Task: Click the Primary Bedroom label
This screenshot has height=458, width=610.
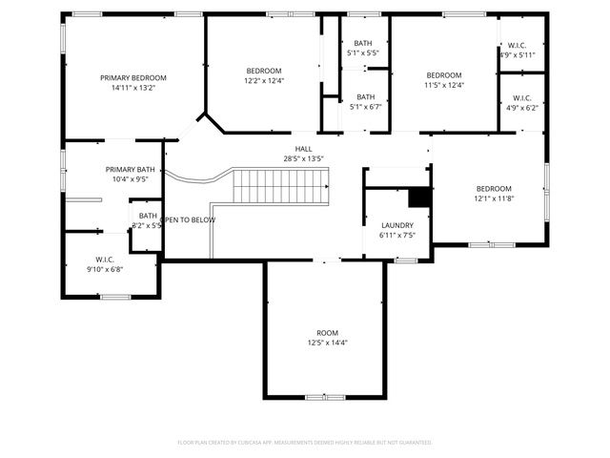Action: [133, 77]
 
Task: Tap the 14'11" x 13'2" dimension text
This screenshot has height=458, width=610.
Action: [133, 88]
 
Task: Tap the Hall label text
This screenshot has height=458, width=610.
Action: [303, 149]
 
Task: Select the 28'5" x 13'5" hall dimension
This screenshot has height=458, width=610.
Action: [303, 158]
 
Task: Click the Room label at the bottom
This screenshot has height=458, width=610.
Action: [327, 332]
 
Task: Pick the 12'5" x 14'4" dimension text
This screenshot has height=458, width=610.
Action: [327, 343]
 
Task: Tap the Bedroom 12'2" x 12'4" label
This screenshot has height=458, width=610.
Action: [264, 75]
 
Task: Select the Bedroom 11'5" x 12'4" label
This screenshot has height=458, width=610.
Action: [443, 80]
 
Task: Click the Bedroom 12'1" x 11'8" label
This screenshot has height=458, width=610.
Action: [494, 194]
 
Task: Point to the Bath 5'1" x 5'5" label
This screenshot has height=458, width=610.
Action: [363, 48]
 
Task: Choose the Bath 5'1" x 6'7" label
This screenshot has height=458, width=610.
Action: [366, 101]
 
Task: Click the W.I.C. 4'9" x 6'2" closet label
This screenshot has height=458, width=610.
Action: [522, 103]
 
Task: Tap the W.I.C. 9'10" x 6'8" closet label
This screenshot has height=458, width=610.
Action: [105, 264]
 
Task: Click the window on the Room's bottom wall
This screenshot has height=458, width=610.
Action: [317, 396]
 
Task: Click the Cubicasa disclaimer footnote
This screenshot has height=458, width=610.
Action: [305, 442]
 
